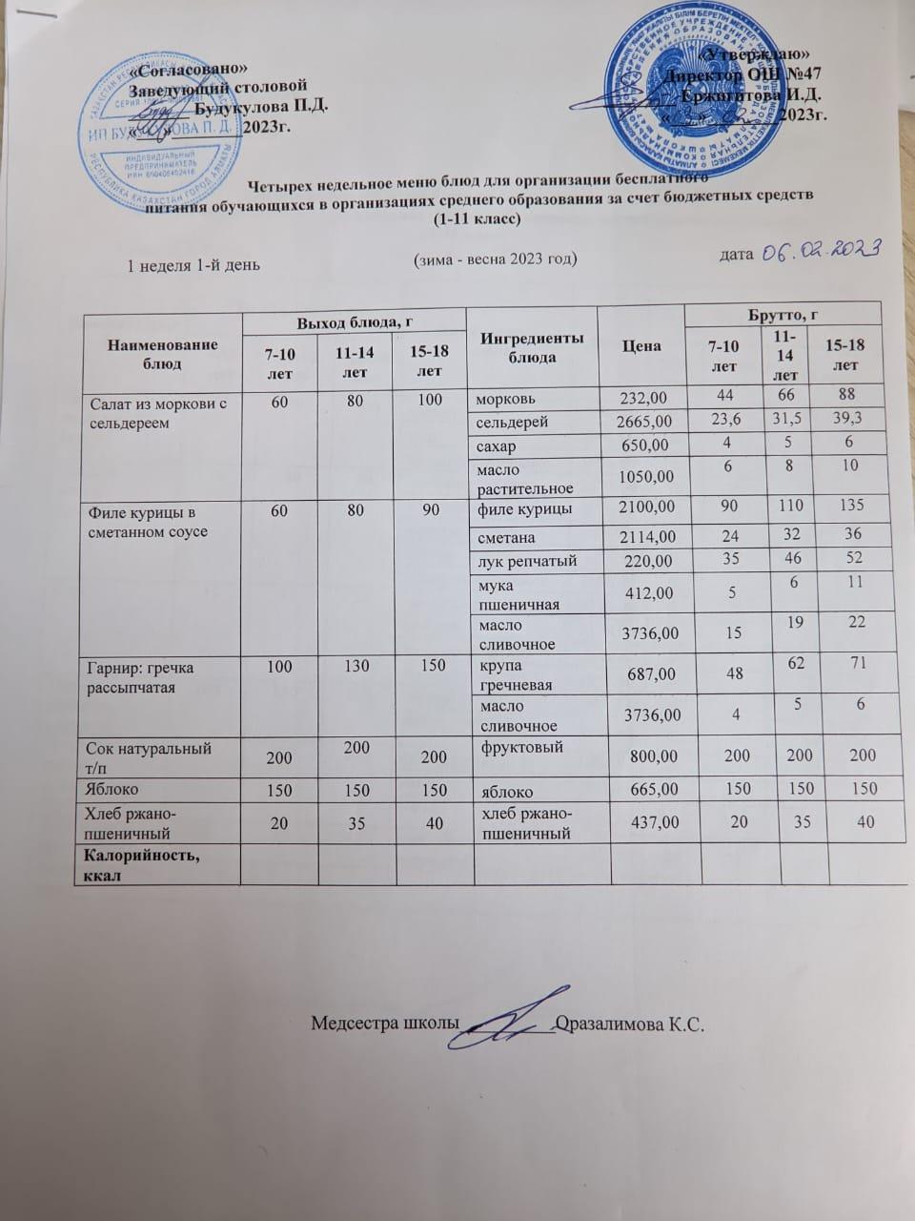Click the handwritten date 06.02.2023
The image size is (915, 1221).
[817, 250]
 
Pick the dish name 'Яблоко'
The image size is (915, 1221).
[112, 789]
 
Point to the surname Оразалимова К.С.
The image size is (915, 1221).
[633, 1024]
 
